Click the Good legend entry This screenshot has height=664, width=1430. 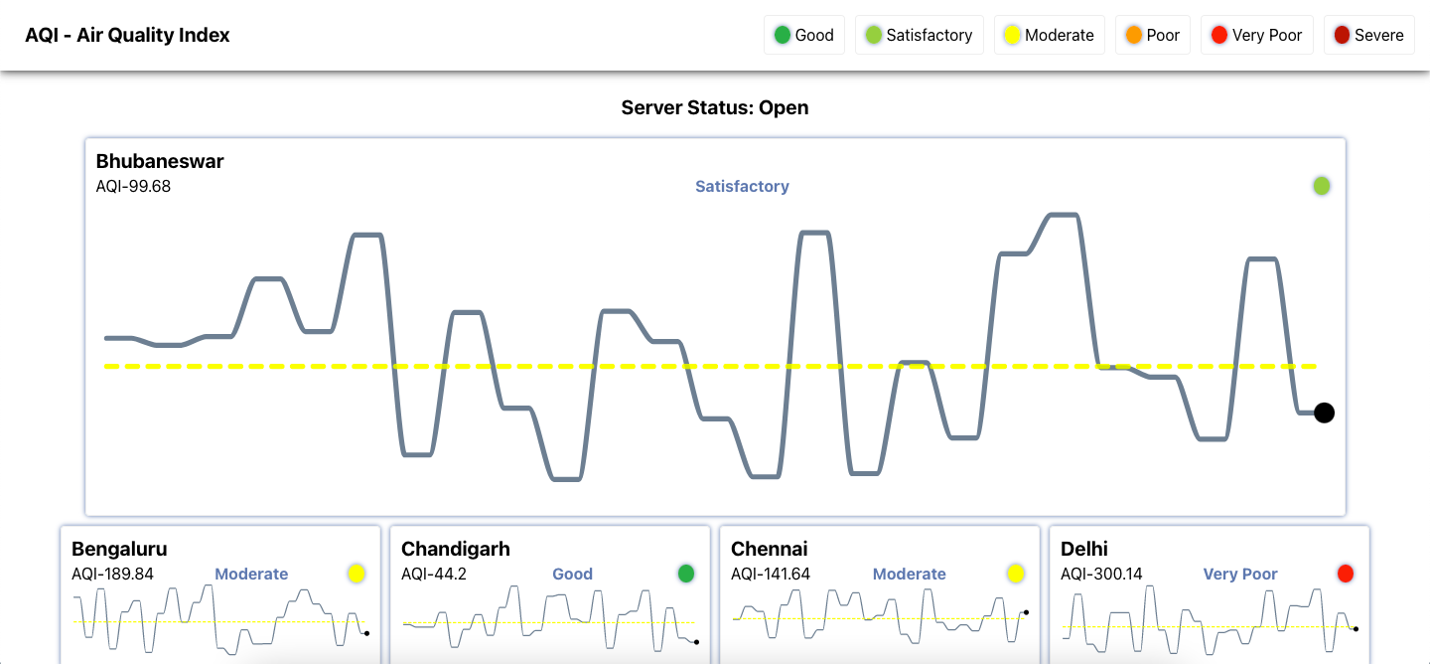tap(803, 35)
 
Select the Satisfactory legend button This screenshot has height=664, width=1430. tap(919, 35)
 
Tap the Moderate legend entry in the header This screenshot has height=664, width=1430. tap(1049, 35)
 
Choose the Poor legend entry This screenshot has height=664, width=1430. tap(1152, 35)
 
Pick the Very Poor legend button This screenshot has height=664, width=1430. tap(1256, 35)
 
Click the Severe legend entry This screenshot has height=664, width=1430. tap(1368, 35)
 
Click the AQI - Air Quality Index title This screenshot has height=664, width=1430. tap(127, 36)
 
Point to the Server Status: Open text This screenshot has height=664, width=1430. tap(715, 107)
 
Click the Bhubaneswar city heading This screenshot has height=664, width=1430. tap(160, 161)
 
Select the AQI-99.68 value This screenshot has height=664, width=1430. tap(133, 186)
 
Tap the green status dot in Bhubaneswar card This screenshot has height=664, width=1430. tap(1322, 186)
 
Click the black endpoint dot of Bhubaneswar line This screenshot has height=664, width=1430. tap(1324, 413)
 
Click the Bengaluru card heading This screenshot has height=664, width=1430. tap(119, 549)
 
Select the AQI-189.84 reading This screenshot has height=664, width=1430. tap(112, 574)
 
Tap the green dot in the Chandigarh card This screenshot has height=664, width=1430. tap(686, 574)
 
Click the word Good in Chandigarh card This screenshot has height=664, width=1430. tap(572, 574)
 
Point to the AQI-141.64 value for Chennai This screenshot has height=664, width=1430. tap(771, 574)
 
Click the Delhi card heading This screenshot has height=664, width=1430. tap(1084, 549)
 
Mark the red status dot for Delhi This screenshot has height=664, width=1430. tap(1346, 574)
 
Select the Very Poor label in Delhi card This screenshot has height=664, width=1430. tap(1240, 574)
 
